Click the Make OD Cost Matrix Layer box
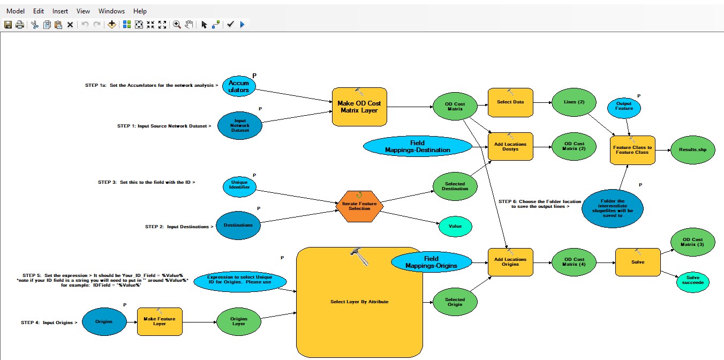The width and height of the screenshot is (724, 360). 359,107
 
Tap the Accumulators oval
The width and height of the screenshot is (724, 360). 239,86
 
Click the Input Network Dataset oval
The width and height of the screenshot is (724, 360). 240,125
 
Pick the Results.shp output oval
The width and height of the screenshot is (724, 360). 692,151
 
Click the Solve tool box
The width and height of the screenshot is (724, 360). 637,262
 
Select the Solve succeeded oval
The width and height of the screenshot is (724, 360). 693,282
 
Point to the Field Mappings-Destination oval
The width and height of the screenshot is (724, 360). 417,146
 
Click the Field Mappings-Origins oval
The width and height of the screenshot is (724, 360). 432,262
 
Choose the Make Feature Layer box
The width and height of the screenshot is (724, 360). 160,321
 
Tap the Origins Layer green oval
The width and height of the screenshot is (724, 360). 239,321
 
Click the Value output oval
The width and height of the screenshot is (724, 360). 455,226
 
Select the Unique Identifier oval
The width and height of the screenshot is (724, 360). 239,186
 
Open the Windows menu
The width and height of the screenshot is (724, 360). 111,11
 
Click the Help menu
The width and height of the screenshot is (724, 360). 140,11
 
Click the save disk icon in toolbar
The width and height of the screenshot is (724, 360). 8,25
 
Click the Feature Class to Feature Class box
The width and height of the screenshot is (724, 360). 632,149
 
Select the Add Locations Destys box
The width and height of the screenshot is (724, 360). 510,146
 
